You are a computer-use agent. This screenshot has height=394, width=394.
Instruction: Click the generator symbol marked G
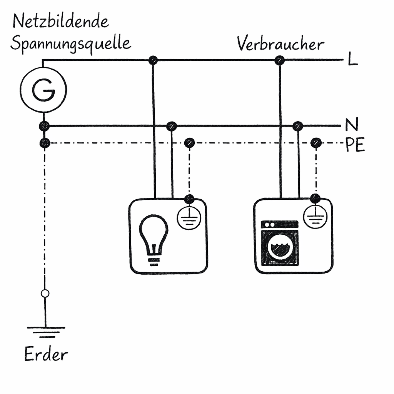(x=43, y=89)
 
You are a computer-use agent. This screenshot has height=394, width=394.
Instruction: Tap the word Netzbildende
(x=61, y=22)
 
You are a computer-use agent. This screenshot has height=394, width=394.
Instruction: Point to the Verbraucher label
(x=280, y=44)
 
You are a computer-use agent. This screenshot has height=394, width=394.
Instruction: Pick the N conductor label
(x=352, y=125)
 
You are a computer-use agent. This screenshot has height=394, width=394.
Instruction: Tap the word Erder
(x=46, y=354)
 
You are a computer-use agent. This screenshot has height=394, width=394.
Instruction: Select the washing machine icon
(x=280, y=243)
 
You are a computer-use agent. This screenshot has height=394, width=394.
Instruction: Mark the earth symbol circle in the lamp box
(x=189, y=218)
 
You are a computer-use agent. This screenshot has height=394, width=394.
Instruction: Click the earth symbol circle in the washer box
(x=315, y=217)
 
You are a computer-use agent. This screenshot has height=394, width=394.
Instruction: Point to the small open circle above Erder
(x=45, y=294)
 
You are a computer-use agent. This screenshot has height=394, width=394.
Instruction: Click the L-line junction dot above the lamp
(x=153, y=60)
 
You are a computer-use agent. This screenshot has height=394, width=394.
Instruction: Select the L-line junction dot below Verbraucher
(x=280, y=60)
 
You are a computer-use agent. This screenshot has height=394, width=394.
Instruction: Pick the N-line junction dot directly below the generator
(x=44, y=126)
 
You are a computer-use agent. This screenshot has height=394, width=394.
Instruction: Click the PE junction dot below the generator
(x=45, y=144)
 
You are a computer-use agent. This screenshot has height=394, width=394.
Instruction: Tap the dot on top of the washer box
(x=315, y=199)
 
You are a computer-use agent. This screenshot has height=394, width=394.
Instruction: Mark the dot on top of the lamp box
(x=189, y=199)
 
